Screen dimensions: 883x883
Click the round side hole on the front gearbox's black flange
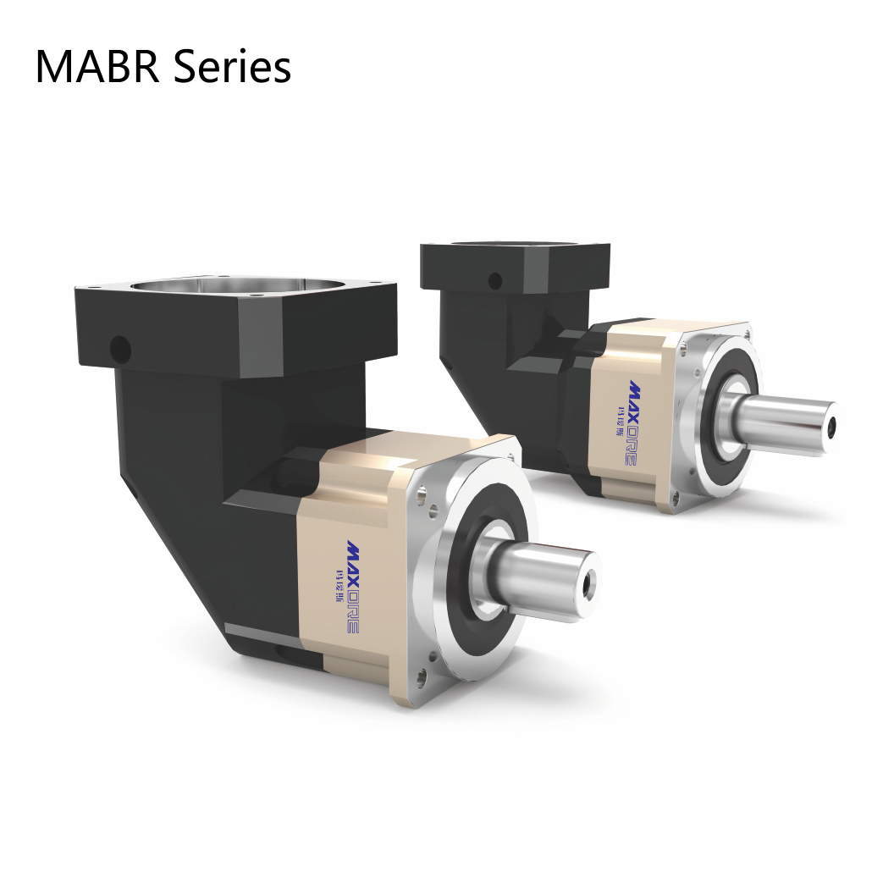tap(121, 347)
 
